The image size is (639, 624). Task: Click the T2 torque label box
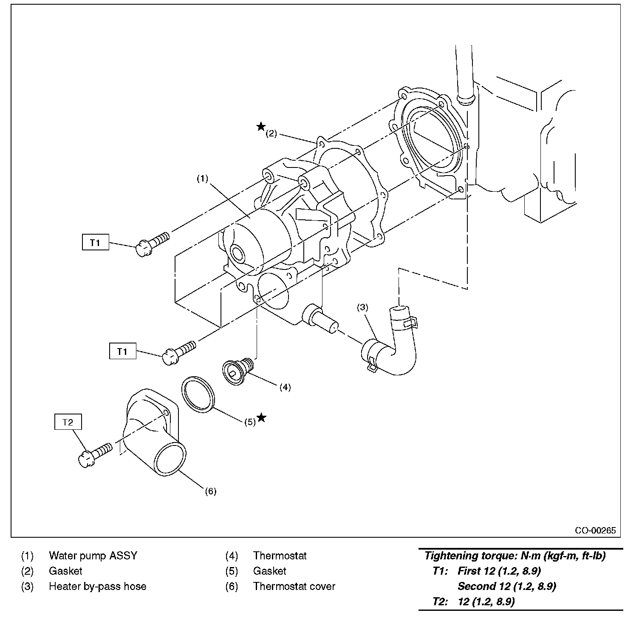point(68,422)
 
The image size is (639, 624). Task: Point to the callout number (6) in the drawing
point(211,491)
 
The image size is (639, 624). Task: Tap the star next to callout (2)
point(261,126)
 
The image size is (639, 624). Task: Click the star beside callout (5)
point(262,417)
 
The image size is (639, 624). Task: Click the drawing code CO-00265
point(595,530)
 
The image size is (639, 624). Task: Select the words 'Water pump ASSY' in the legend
point(93,556)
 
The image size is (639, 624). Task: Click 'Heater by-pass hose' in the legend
point(97,587)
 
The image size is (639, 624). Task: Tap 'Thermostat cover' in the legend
point(294,587)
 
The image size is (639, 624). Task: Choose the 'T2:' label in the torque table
point(440,602)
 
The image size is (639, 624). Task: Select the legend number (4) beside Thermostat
point(232,556)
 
